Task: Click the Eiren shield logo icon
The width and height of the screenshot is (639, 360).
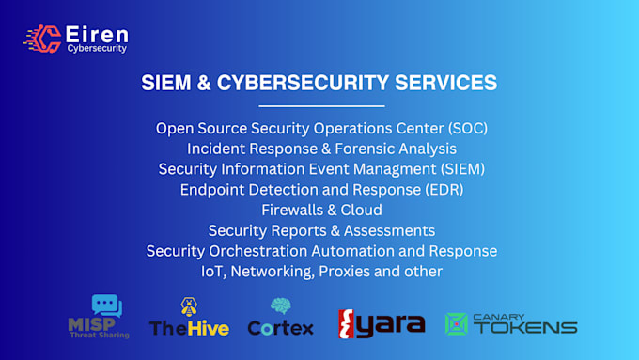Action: (43, 38)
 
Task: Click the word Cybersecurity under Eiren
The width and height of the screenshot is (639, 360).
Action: (97, 48)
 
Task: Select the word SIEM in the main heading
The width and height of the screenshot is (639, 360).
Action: (164, 83)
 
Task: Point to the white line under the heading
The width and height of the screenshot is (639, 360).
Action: (320, 106)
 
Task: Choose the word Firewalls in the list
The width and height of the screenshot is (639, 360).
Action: (290, 210)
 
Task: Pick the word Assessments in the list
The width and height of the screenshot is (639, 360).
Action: (391, 230)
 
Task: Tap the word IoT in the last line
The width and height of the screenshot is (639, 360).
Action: (212, 272)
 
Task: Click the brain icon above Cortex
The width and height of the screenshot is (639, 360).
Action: (280, 306)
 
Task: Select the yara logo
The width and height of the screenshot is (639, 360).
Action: (382, 324)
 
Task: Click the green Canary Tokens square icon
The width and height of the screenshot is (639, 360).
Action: (457, 324)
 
